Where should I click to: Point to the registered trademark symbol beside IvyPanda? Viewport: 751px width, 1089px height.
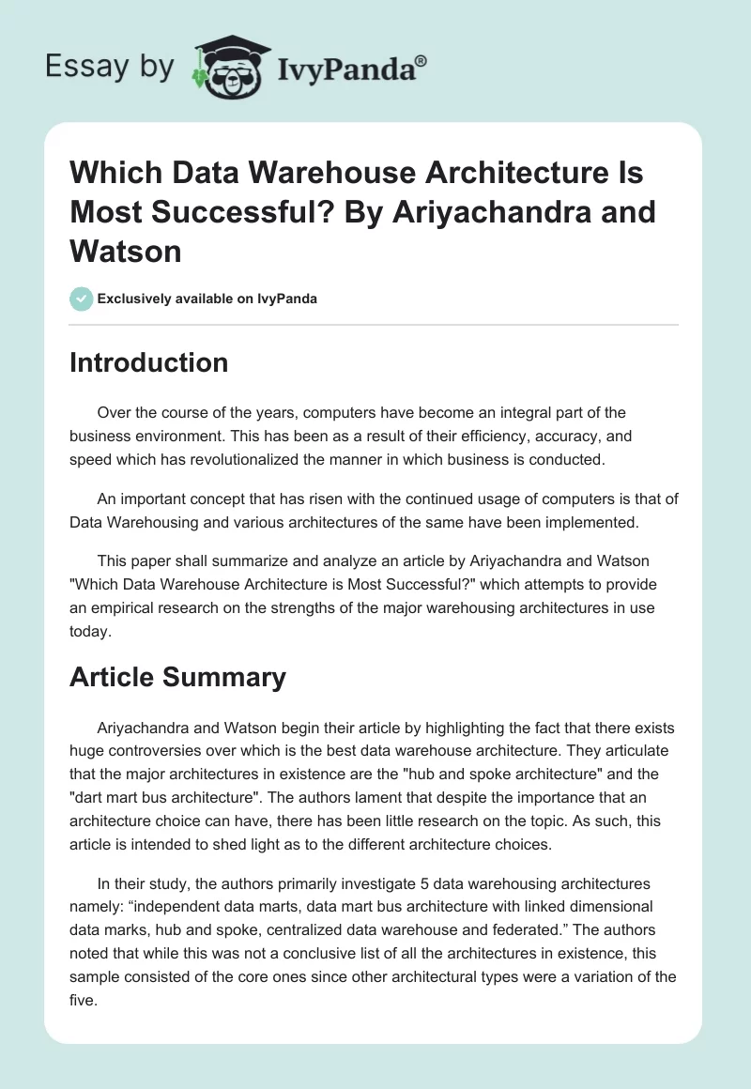pyautogui.click(x=421, y=59)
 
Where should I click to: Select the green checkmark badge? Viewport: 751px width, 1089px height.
pyautogui.click(x=81, y=299)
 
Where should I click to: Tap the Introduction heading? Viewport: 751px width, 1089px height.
pyautogui.click(x=148, y=362)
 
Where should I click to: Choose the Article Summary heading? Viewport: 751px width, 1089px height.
pyautogui.click(x=177, y=677)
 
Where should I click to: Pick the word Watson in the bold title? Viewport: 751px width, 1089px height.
pyautogui.click(x=125, y=251)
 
